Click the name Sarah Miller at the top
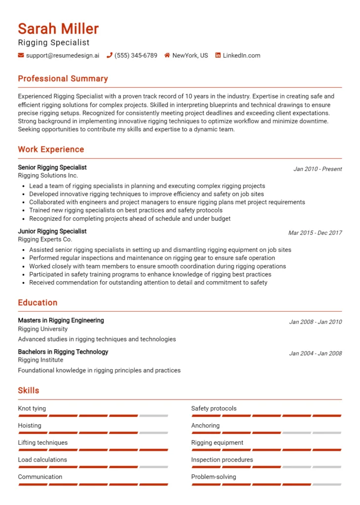(x=58, y=29)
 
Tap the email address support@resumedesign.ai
(x=62, y=56)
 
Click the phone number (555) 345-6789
(x=136, y=56)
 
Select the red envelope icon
(x=21, y=56)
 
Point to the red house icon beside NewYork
(x=167, y=56)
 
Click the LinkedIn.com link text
(x=241, y=56)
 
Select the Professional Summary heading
(x=63, y=79)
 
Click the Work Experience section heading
(x=51, y=149)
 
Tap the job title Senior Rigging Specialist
(x=52, y=168)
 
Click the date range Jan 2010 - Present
(x=318, y=169)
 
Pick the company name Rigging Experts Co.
(x=45, y=239)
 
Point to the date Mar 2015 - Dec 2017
(x=315, y=233)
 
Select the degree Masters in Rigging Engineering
(x=61, y=321)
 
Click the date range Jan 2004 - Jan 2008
(x=315, y=354)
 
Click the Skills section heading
(x=29, y=391)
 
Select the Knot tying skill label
(x=32, y=409)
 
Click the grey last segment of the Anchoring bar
(x=327, y=433)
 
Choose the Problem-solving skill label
(x=214, y=477)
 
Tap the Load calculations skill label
(x=42, y=460)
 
